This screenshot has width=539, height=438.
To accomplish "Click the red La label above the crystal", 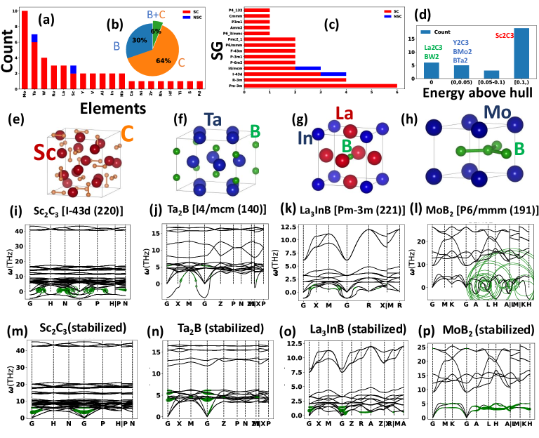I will (x=345, y=114).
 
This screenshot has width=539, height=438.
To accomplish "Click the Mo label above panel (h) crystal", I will (x=479, y=114).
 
